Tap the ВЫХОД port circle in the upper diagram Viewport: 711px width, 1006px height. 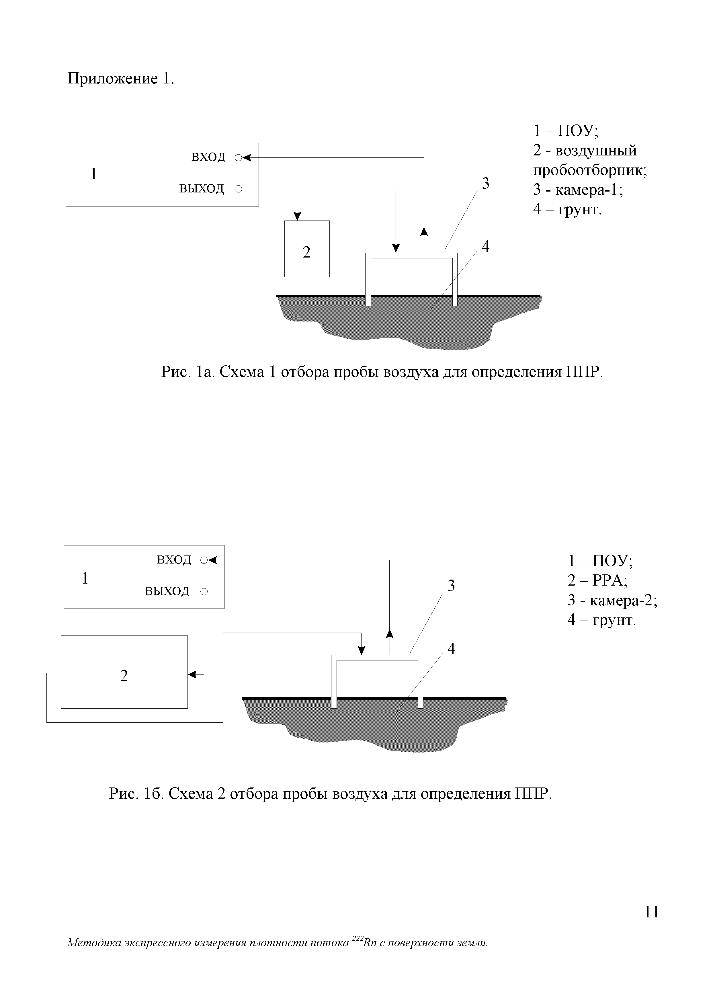click(x=238, y=189)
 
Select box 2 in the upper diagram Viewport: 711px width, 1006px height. click(x=307, y=248)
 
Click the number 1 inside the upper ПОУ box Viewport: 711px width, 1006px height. click(x=93, y=174)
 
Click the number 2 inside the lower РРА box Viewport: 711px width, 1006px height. click(x=124, y=676)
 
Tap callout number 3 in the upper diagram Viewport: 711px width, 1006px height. click(x=485, y=183)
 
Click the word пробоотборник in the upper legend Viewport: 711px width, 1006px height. click(x=590, y=170)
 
